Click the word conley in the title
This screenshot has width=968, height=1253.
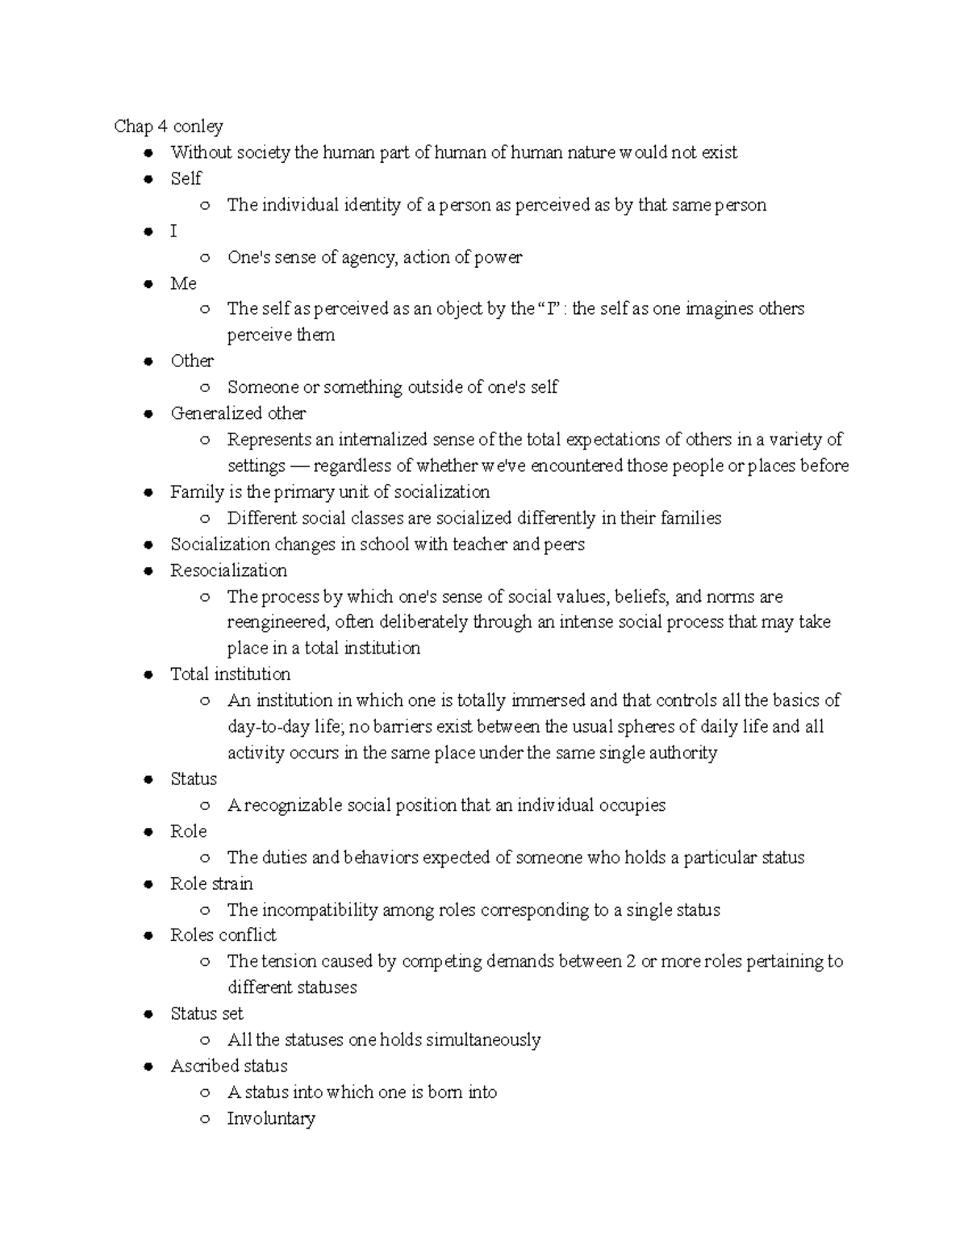tap(198, 127)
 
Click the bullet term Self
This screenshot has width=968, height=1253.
tap(186, 178)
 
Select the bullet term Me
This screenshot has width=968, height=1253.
tap(183, 283)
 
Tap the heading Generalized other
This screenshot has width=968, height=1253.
tap(238, 413)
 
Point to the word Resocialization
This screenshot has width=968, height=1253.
tap(228, 570)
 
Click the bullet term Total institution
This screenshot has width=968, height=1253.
tap(230, 675)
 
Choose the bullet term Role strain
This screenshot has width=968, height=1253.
tap(211, 883)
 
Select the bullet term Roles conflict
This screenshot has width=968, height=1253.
tap(223, 935)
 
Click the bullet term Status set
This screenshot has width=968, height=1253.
tap(207, 1013)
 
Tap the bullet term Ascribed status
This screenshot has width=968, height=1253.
tap(228, 1066)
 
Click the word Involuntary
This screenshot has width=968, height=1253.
tap(271, 1118)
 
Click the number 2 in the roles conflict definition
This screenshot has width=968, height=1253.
tap(630, 962)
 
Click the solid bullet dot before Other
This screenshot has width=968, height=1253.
tap(148, 361)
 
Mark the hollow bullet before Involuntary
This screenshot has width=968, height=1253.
tap(206, 1119)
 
